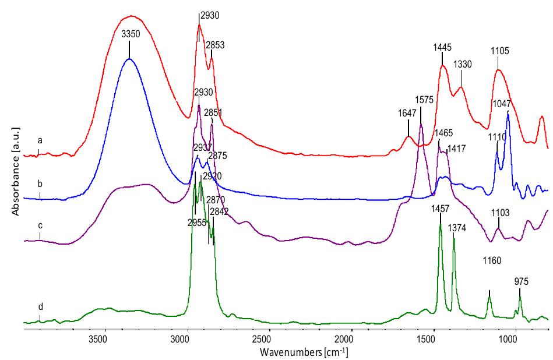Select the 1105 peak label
tap(499, 51)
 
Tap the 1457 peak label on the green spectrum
tap(441, 208)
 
